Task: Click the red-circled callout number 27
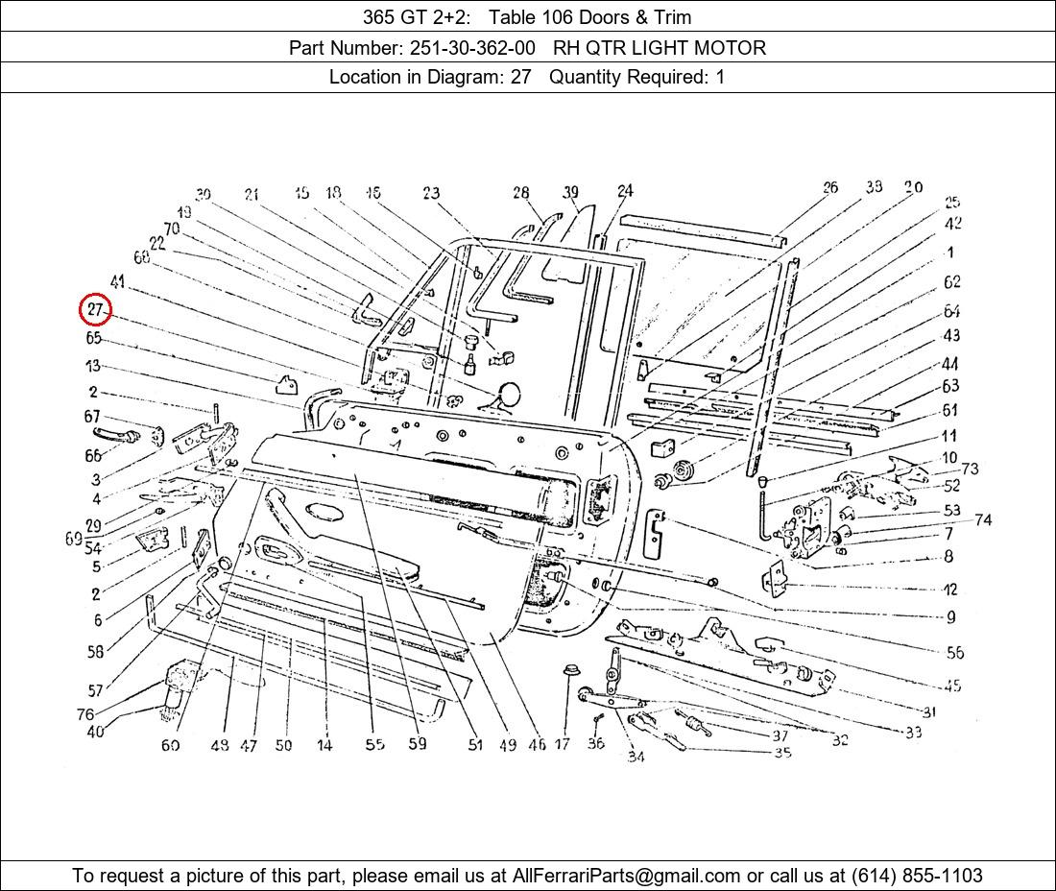click(x=95, y=310)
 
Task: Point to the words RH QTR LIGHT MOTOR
click(x=660, y=48)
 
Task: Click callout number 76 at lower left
click(x=85, y=714)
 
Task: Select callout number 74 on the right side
click(x=982, y=520)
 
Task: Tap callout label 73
click(x=970, y=469)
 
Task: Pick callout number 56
click(x=954, y=653)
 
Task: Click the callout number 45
click(x=951, y=686)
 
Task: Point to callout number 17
click(x=563, y=743)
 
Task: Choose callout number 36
click(x=595, y=743)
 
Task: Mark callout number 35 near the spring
click(x=782, y=753)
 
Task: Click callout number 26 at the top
click(x=829, y=188)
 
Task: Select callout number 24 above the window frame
click(x=625, y=191)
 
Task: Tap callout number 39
click(x=571, y=193)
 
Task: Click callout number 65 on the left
click(x=93, y=338)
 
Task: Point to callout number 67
click(x=92, y=417)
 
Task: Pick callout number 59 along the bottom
click(x=417, y=743)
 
